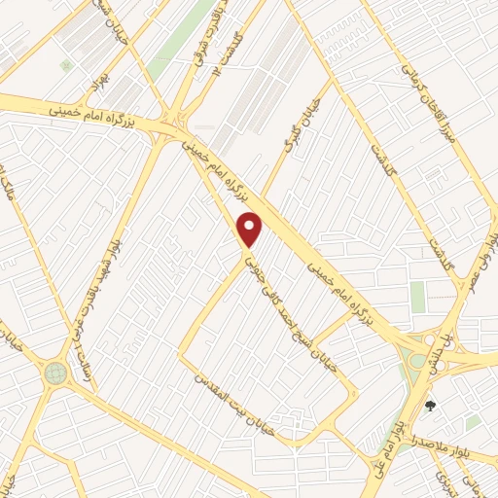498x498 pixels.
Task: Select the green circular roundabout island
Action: [x=55, y=372]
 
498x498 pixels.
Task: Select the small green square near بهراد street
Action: [x=66, y=65]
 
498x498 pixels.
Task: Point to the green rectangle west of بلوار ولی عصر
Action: [x=418, y=296]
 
